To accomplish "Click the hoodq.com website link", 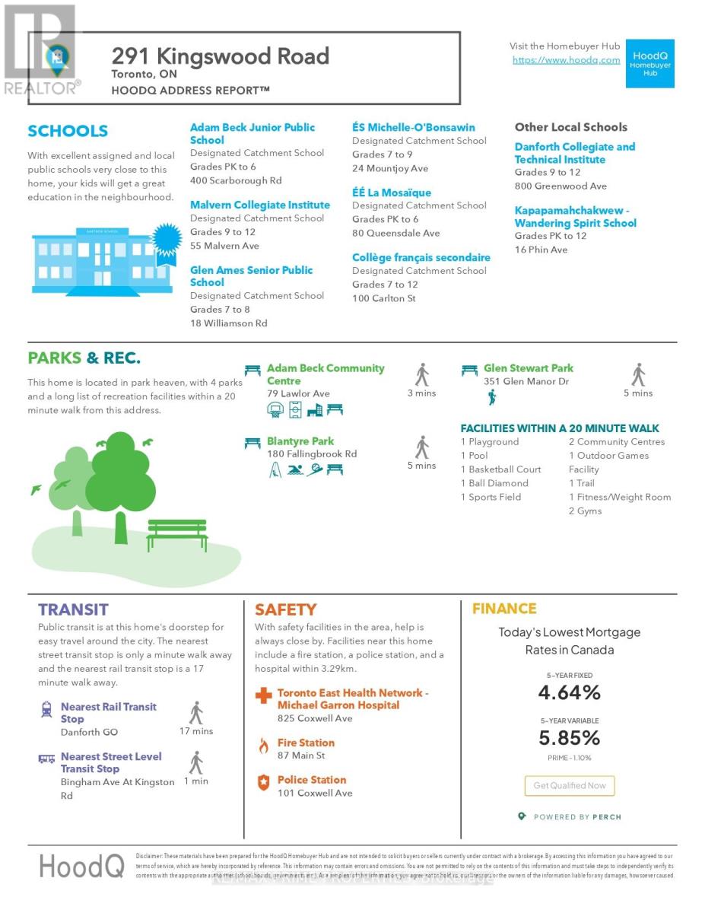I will point(566,60).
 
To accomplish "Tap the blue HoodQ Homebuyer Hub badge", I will point(649,63).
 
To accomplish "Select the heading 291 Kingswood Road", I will point(221,56).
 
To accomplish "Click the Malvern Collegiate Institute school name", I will point(259,205).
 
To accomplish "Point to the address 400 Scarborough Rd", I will point(236,181).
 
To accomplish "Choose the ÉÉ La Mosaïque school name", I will point(391,193).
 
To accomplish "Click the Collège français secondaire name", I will point(421,258).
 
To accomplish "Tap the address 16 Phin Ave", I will point(541,250).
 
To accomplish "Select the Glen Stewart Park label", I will point(528,368).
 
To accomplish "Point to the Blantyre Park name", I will point(300,441).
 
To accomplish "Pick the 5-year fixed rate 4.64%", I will point(569,692).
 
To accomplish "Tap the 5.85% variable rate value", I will point(569,737).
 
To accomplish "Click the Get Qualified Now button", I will point(569,785).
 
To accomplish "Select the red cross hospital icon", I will point(263,696).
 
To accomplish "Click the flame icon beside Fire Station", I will point(263,746).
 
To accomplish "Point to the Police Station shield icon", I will point(263,782).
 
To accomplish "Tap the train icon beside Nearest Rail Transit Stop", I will point(46,710).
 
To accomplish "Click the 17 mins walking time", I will point(196,731).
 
